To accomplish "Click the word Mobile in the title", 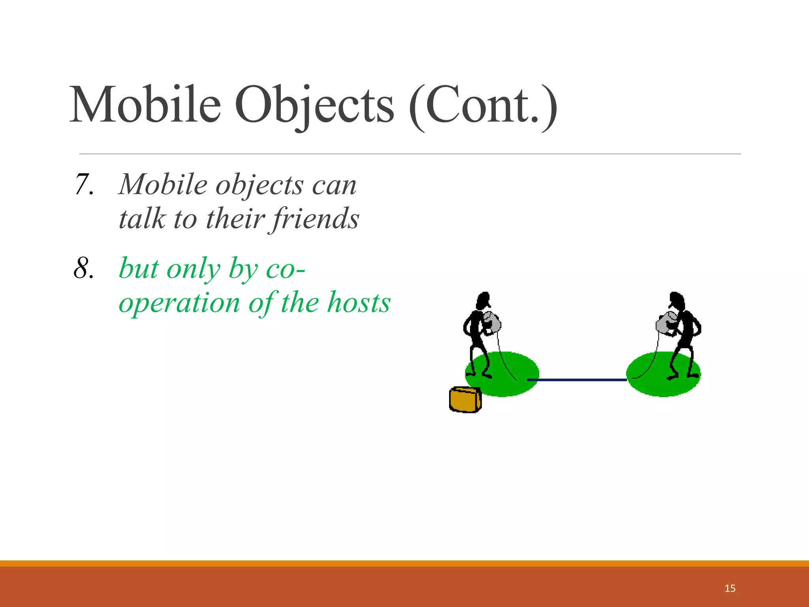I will tap(145, 105).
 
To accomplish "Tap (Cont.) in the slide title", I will tap(483, 105).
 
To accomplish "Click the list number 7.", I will tap(84, 185).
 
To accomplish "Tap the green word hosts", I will tap(359, 303).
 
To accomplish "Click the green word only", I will tap(194, 269).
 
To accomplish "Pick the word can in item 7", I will tap(334, 185).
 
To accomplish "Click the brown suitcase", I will tap(465, 400).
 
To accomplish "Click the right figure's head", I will tap(676, 301).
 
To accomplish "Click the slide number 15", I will tap(730, 588).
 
